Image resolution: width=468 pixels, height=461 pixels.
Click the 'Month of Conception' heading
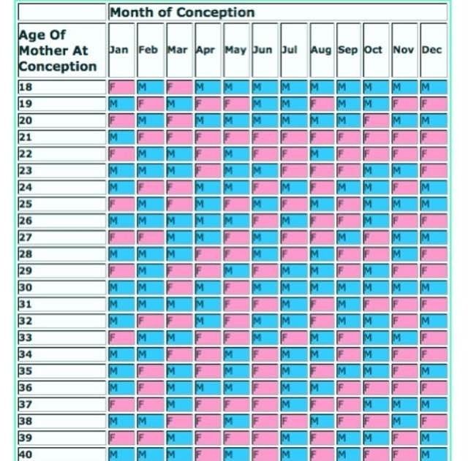(x=183, y=12)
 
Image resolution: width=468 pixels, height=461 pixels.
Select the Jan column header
(x=120, y=50)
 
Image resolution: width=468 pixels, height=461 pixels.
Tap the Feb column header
(x=148, y=50)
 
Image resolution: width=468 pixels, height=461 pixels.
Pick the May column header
(x=235, y=50)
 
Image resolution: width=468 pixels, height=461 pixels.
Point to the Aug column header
(x=321, y=50)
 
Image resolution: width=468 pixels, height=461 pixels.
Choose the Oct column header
(x=374, y=50)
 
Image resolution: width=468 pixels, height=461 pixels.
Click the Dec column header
(x=432, y=50)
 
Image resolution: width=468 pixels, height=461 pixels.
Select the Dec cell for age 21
(x=434, y=137)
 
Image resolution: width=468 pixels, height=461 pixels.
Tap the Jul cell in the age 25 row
(x=293, y=204)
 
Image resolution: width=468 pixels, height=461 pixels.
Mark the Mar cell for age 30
(x=178, y=288)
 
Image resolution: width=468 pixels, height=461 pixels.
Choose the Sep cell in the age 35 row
(x=349, y=371)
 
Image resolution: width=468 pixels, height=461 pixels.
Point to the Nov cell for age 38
(x=404, y=422)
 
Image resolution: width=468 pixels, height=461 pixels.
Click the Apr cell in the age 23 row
(x=208, y=171)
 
